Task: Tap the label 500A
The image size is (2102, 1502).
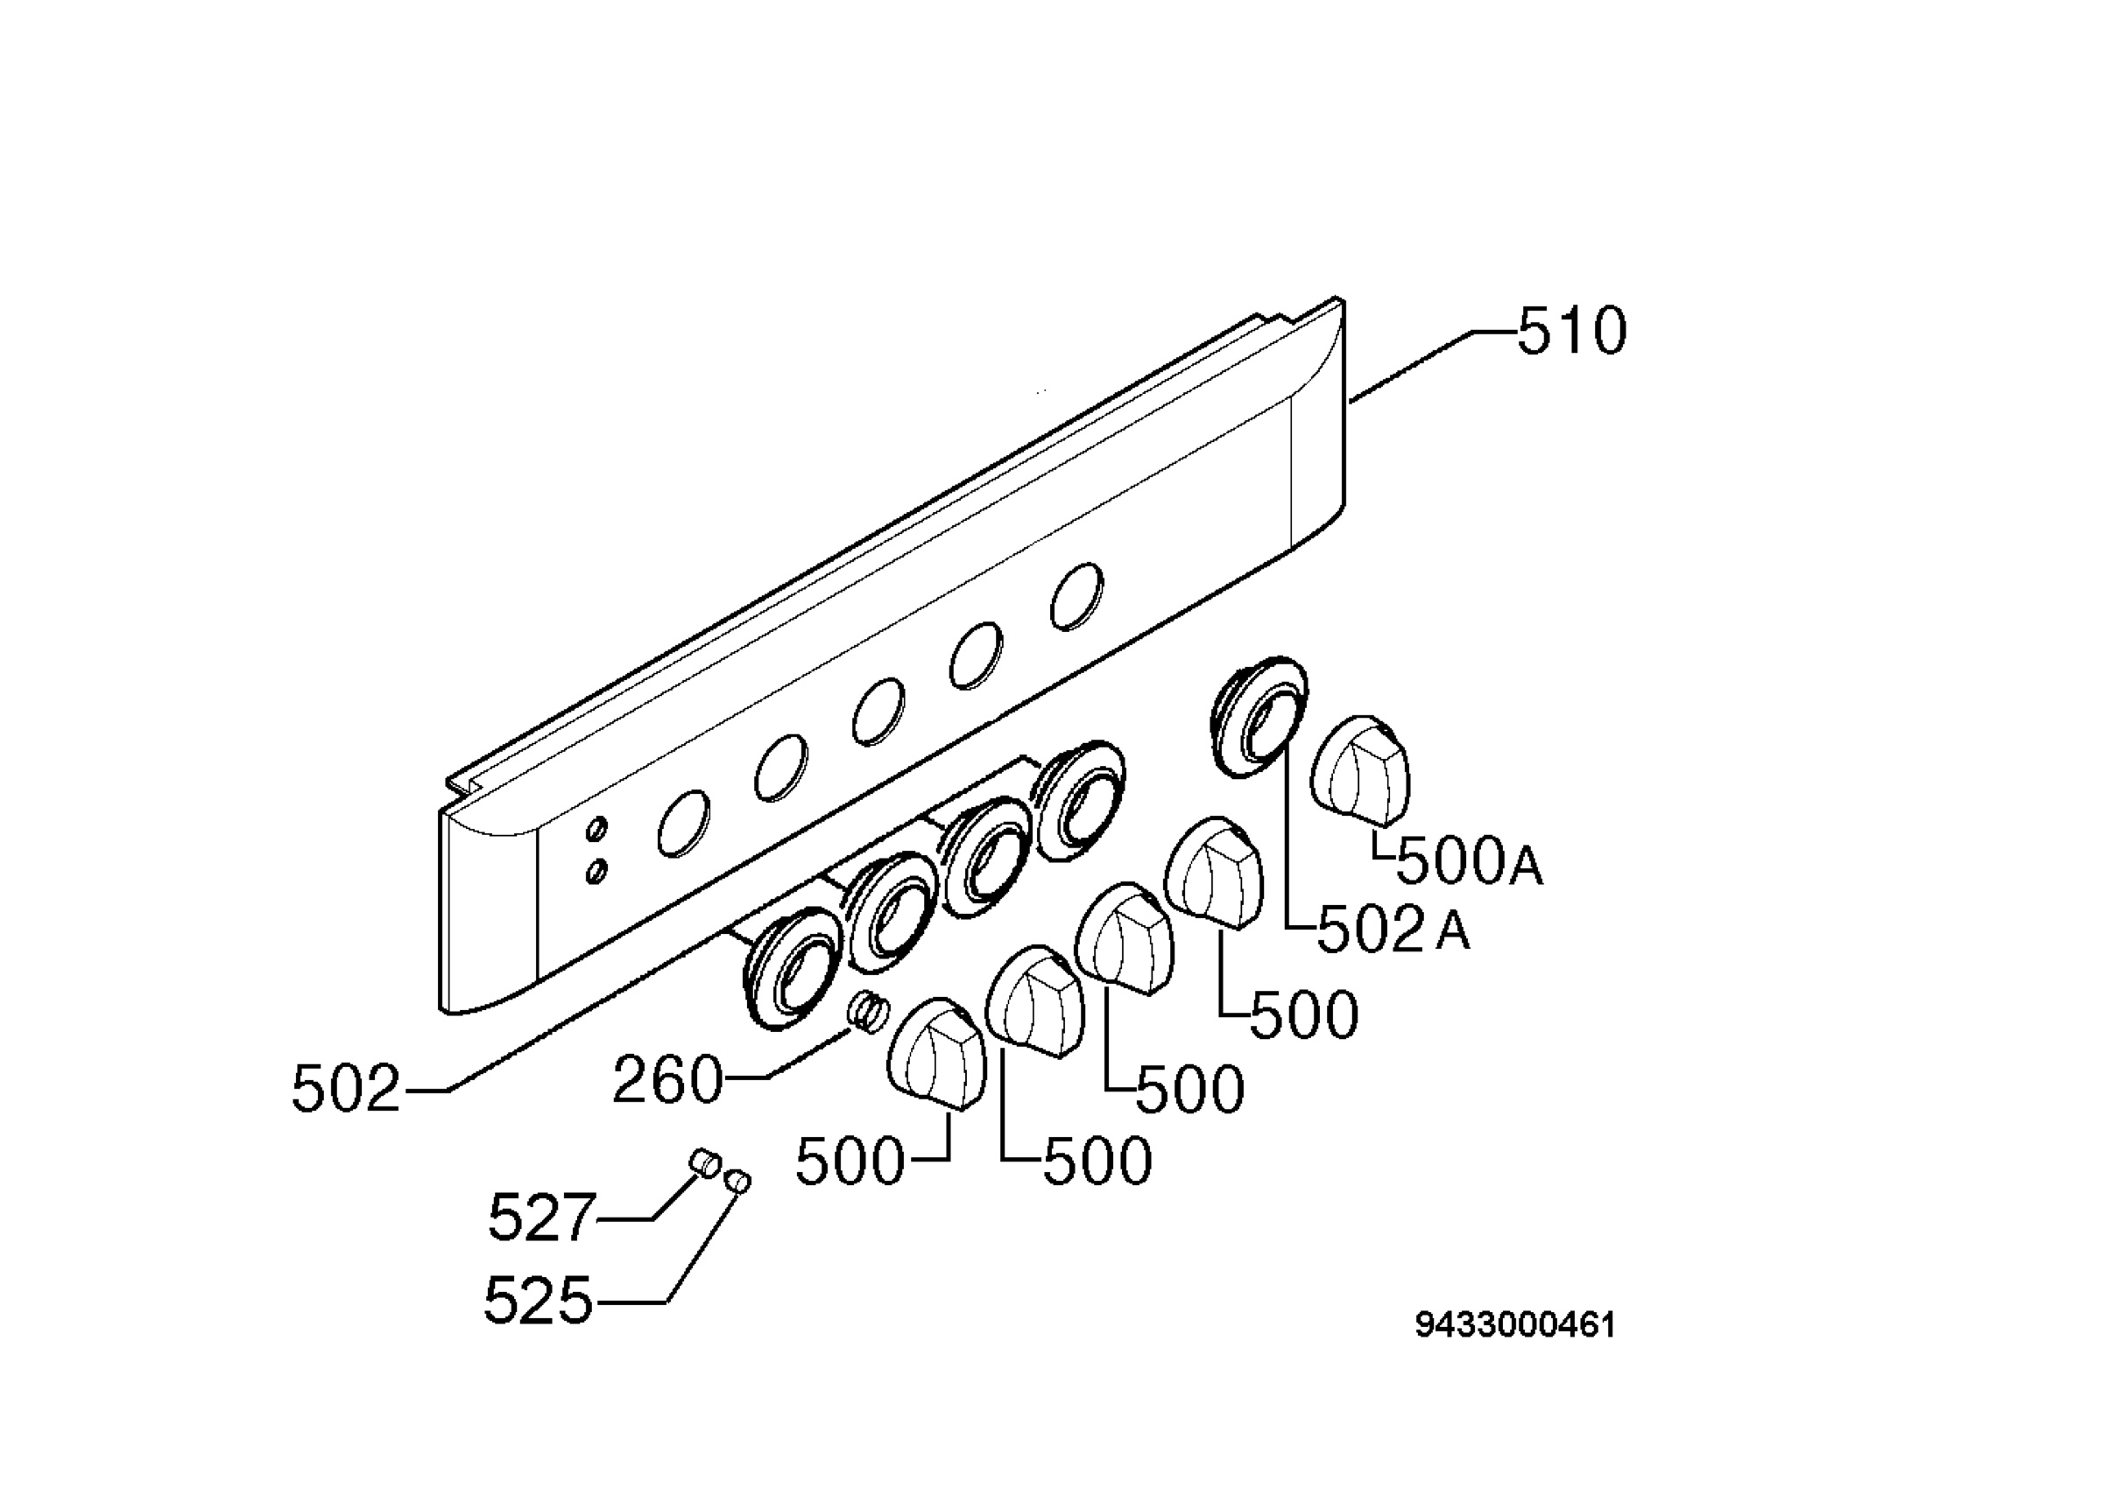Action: (1469, 862)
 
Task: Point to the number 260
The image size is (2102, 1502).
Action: (667, 1079)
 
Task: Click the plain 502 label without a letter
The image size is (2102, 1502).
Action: (346, 1089)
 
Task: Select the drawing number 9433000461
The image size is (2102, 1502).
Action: (1515, 1325)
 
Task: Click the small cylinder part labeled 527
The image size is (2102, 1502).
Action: (704, 1162)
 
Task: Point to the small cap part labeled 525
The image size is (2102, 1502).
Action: (738, 1180)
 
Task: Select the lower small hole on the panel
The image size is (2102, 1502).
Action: (597, 870)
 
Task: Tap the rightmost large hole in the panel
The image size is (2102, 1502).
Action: (1077, 597)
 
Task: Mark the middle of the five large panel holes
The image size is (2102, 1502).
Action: (878, 712)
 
